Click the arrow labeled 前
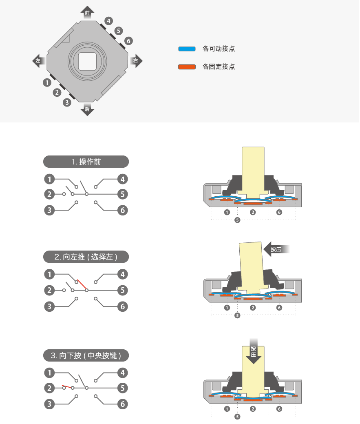point(87,12)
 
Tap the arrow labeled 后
point(87,109)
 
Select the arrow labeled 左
point(38,60)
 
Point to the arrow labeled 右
point(136,61)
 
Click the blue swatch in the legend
point(187,49)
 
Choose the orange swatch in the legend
point(187,67)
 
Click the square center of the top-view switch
point(87,61)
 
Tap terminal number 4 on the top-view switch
point(108,20)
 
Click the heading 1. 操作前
point(86,162)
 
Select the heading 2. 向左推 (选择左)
point(86,257)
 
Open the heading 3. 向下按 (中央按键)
point(86,355)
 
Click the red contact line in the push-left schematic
point(82,284)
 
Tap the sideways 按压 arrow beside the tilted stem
point(277,249)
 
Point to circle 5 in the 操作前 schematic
point(123,194)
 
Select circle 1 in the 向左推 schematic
point(49,274)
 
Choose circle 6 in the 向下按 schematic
point(123,404)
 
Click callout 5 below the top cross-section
point(237,220)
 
